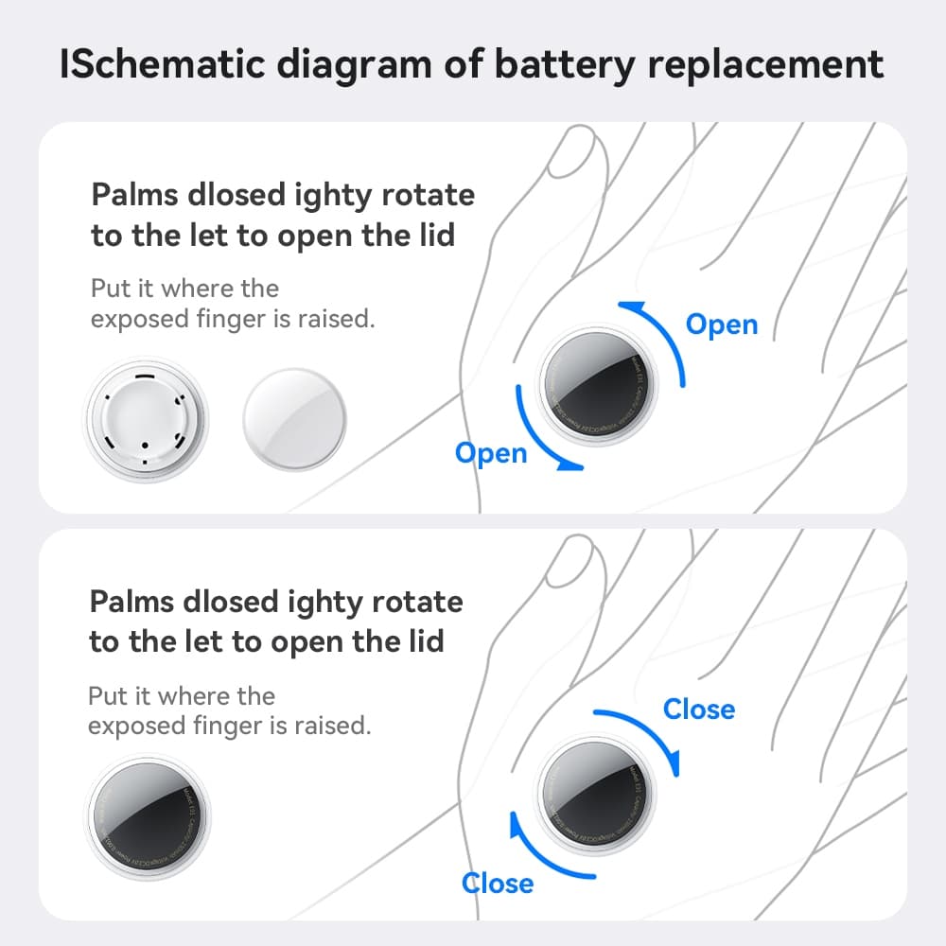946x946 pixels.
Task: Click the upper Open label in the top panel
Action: [722, 324]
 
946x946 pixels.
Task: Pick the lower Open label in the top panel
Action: [491, 453]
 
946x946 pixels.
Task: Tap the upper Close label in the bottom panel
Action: [699, 709]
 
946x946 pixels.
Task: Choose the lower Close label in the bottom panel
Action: [498, 883]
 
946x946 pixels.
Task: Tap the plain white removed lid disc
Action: [295, 416]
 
